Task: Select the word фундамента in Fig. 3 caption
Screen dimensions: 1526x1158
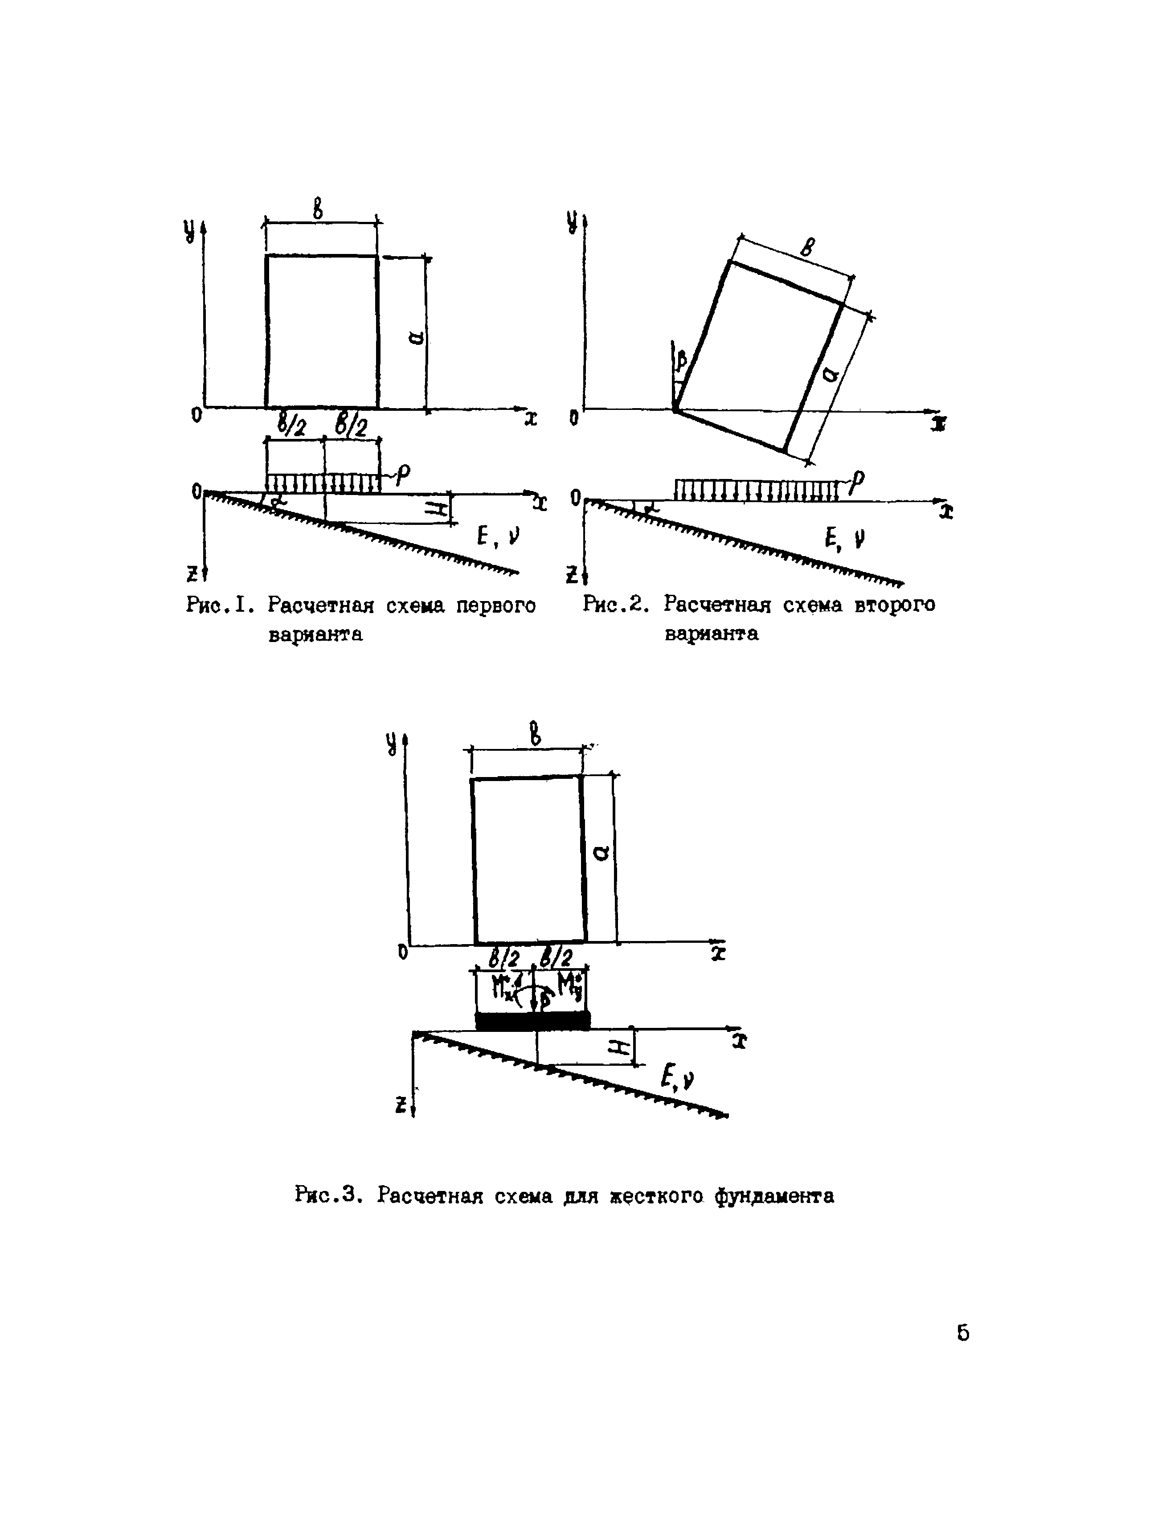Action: [774, 1195]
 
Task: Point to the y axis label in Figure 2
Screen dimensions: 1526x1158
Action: [572, 222]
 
